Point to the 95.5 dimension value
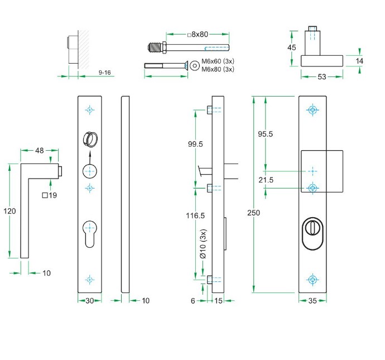265,134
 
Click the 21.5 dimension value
266,180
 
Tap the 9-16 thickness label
104,73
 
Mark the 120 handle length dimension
8,211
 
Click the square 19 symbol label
50,195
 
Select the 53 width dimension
322,76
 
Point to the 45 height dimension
291,47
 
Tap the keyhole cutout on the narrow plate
89,233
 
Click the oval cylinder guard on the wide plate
312,230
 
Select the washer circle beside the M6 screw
194,65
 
